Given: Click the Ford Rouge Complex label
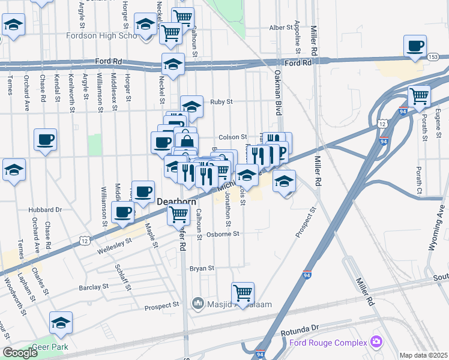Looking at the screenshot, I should pos(328,343).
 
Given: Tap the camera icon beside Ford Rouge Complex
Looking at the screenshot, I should pos(376,342).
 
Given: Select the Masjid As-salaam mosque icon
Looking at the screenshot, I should pos(198,304).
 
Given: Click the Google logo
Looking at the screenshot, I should pos(20,353).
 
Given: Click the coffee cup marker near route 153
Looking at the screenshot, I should pos(415,46).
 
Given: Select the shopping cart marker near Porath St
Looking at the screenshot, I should pos(419,95).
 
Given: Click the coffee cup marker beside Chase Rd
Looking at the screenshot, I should pos(45,140).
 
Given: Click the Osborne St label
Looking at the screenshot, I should pos(223,234).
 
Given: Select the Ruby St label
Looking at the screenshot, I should pos(221,102).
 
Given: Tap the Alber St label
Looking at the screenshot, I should pos(280,28).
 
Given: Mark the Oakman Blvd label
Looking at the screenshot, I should pos(278,84).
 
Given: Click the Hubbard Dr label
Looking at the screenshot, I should pos(46,210).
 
